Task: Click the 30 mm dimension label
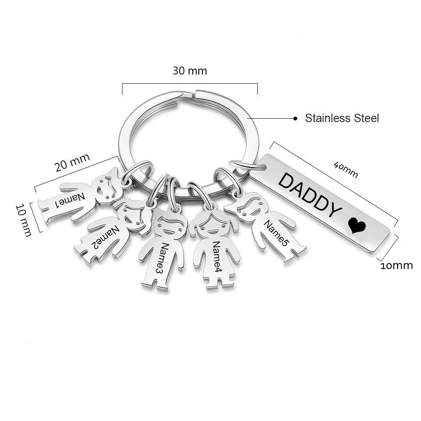pos(190,71)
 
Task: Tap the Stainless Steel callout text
pos(342,118)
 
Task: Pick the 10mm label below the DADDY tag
pos(397,266)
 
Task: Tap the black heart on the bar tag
pos(357,226)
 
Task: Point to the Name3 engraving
pos(161,257)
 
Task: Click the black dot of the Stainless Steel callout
pos(296,119)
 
